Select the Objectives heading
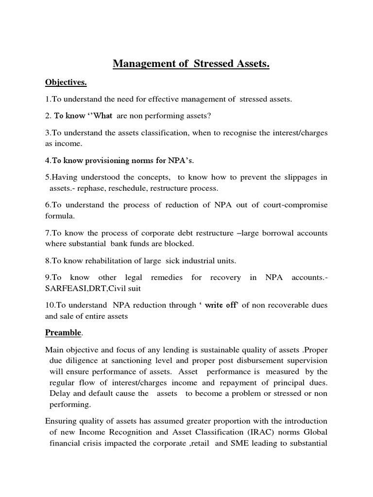(66, 83)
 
